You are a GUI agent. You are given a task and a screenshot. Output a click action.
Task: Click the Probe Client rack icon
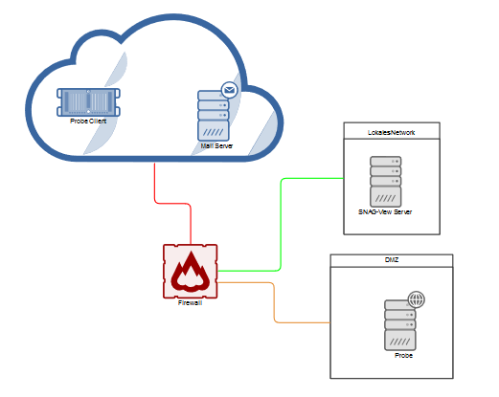pos(88,102)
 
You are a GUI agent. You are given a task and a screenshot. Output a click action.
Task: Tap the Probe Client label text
pos(88,121)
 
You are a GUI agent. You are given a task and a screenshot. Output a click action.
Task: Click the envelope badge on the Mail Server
pos(229,90)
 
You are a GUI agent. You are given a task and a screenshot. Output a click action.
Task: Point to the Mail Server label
pos(216,146)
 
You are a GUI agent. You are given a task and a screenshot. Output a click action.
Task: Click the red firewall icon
pos(191,272)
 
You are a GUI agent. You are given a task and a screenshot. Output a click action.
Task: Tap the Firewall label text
pos(190,303)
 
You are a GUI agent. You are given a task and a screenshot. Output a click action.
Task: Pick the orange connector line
pos(274,302)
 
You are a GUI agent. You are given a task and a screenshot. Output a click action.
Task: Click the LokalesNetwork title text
pos(391,133)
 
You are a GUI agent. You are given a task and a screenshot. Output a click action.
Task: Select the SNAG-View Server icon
pos(386,182)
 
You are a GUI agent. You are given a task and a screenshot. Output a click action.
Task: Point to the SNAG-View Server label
pos(385,212)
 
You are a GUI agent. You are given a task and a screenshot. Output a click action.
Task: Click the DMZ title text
pos(392,260)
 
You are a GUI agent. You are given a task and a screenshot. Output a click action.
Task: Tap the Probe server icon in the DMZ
pos(400,325)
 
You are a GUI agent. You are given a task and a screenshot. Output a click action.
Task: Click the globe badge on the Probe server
pos(417,299)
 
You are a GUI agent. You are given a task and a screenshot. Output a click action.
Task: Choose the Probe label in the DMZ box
pos(403,356)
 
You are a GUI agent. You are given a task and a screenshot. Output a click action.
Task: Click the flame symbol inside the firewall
pos(191,272)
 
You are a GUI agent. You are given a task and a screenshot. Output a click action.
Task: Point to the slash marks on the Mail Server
pos(214,132)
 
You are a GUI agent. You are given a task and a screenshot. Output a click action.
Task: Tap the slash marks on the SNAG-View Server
pos(386,198)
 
